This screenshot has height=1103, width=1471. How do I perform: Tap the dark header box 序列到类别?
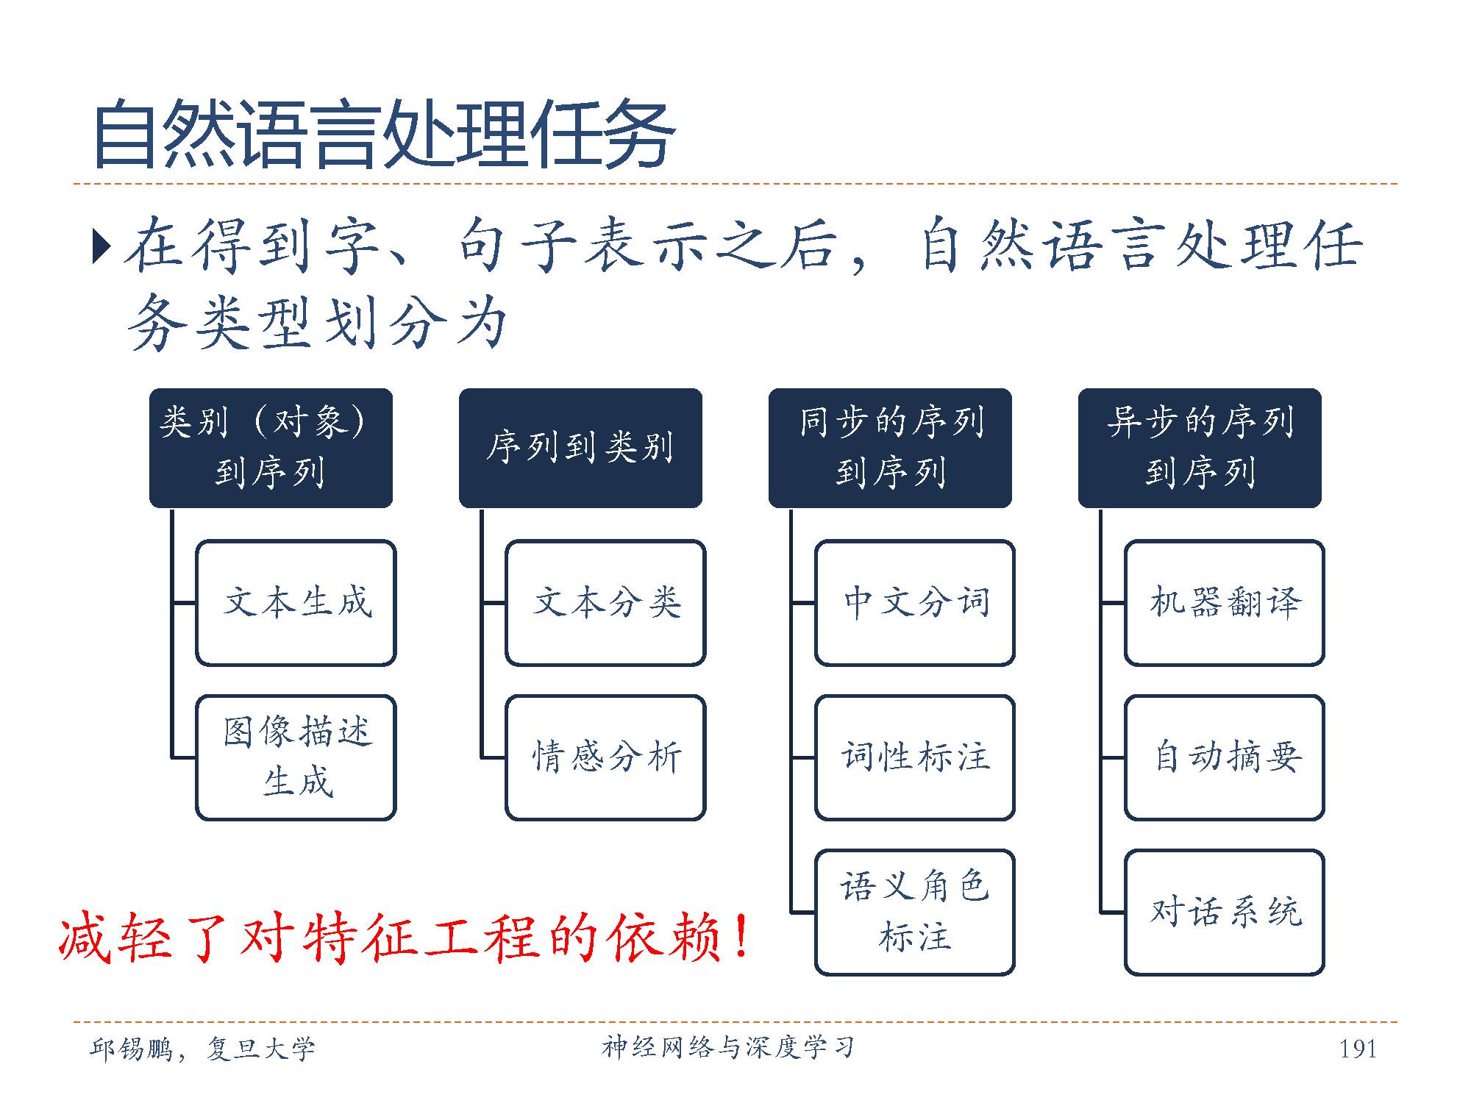(580, 448)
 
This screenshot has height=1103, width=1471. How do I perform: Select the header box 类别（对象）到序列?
(271, 448)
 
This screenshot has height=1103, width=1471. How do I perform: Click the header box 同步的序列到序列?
(890, 448)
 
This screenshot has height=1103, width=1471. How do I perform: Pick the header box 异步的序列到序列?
(1200, 448)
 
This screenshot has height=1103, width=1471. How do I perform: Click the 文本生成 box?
(296, 603)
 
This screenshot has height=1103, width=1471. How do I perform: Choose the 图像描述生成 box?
(296, 757)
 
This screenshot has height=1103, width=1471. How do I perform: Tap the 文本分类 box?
(606, 603)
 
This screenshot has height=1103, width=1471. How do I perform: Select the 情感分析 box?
(606, 757)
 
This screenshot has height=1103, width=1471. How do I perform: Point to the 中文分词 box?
(915, 603)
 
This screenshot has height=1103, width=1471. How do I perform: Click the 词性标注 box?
(915, 757)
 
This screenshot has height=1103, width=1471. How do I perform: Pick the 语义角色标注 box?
(915, 913)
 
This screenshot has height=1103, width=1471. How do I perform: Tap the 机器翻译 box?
(1225, 603)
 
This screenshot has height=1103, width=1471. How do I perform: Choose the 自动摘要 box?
(1225, 757)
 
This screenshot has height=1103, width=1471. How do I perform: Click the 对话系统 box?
(1225, 913)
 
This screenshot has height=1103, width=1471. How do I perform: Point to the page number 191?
(1358, 1049)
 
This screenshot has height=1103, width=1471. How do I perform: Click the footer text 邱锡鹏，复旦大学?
(202, 1049)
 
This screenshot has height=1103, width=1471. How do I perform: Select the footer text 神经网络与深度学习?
(728, 1047)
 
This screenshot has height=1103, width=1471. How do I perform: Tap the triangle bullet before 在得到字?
(101, 247)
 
